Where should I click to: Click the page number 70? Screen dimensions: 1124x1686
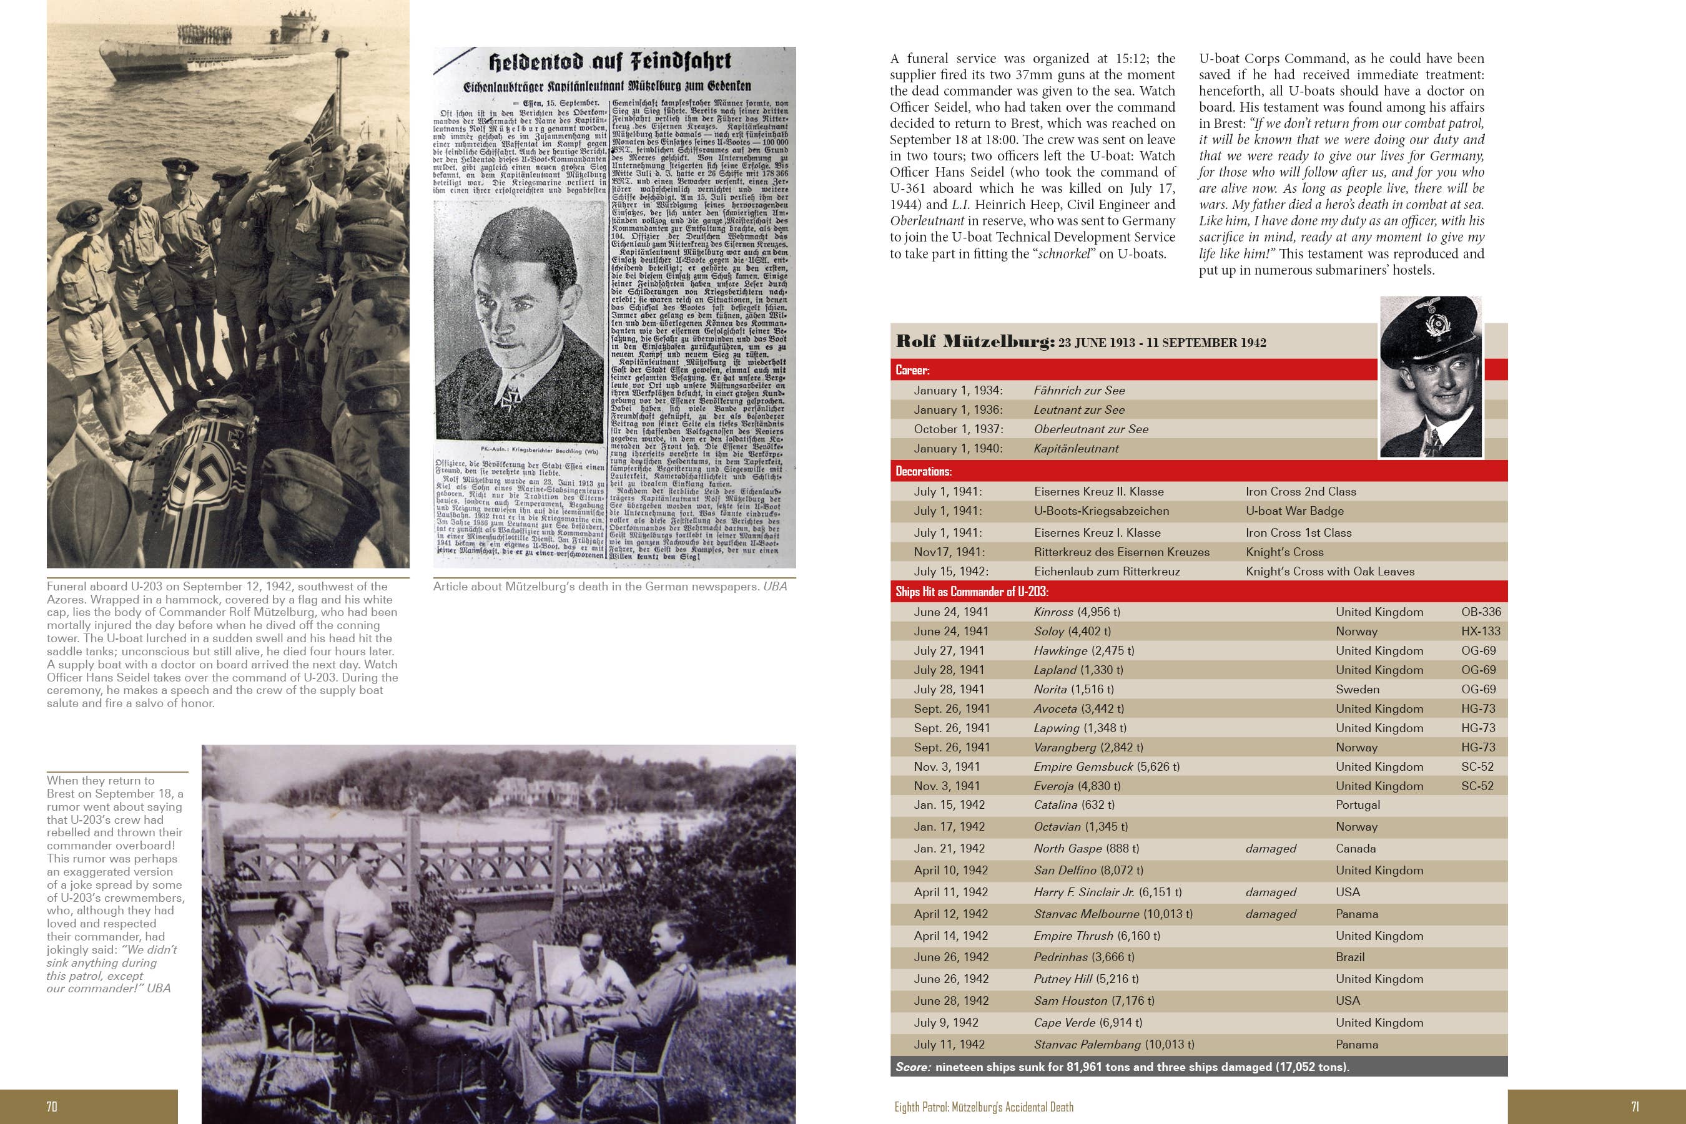tap(52, 1107)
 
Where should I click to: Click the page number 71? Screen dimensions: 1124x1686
tap(1635, 1107)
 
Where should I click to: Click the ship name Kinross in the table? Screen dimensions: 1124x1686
tap(1053, 612)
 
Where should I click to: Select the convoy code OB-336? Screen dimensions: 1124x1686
tap(1480, 612)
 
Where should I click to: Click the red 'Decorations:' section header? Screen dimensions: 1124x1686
tap(923, 472)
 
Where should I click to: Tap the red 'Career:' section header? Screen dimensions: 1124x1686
tap(912, 371)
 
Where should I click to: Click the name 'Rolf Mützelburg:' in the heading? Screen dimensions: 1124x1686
tap(974, 342)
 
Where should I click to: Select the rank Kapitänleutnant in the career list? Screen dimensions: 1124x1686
tap(1076, 449)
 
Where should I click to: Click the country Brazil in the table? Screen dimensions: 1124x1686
tap(1349, 957)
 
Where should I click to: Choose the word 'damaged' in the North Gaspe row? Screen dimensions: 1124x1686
tap(1270, 849)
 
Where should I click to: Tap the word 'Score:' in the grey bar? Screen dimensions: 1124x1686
tap(913, 1067)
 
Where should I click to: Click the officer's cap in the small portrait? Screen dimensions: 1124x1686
tap(1429, 328)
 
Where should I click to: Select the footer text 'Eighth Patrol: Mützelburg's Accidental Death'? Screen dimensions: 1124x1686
tap(983, 1107)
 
